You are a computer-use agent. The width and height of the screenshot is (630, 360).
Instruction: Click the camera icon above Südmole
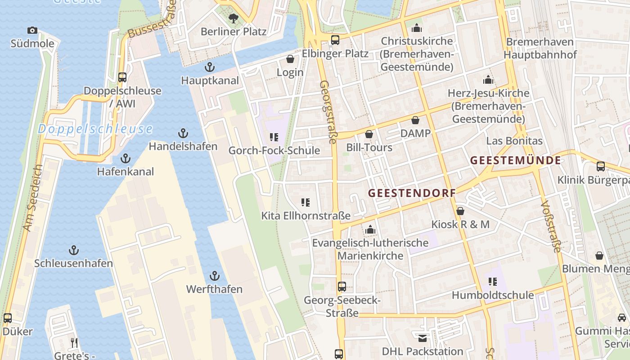coord(32,31)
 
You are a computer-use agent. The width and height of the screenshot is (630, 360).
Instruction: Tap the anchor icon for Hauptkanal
coord(209,67)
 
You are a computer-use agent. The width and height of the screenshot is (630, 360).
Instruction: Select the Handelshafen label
coord(183,146)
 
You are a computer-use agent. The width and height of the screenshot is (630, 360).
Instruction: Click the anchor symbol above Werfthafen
coord(215,276)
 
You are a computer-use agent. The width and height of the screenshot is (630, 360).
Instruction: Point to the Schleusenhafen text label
coord(73,263)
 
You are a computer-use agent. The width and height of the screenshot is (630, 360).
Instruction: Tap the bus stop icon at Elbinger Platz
coord(335,40)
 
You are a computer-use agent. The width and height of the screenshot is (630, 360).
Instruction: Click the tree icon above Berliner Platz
coord(233,18)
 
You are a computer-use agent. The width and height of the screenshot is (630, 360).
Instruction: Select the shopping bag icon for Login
coord(290,59)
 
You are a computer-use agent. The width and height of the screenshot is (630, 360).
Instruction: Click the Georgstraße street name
coord(328,112)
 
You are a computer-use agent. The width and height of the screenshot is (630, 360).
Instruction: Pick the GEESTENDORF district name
coord(412,193)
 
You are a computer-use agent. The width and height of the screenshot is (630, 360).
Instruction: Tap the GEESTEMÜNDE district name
coord(516,160)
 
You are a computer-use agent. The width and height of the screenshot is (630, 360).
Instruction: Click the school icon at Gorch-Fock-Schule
coord(274,137)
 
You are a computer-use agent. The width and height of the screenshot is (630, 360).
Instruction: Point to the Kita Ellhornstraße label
coord(306,216)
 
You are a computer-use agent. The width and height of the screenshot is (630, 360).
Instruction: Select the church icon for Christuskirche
coord(417,28)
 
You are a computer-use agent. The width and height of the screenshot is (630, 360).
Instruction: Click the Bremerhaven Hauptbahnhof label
coord(540,48)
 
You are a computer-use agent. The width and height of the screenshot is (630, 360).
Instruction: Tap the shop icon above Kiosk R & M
coord(460,211)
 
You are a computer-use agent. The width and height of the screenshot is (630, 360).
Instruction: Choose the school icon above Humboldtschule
coord(493,282)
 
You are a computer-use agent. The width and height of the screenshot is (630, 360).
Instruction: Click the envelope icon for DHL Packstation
coord(423,338)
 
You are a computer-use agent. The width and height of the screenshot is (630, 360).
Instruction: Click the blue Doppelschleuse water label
coord(95,129)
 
